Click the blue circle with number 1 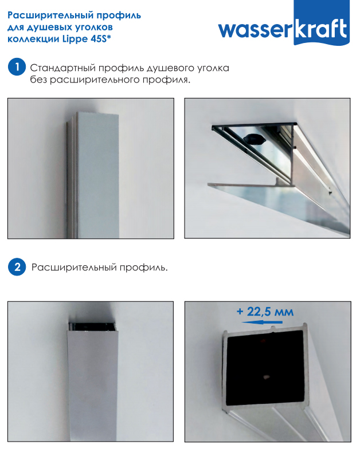[x=17, y=67]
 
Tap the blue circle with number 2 [x=17, y=267]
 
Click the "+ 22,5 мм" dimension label [x=265, y=312]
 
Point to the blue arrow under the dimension [x=262, y=322]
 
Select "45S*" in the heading [x=101, y=38]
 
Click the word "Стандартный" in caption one [x=63, y=68]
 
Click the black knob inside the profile [x=254, y=139]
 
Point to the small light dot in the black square [x=265, y=377]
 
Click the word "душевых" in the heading [x=48, y=27]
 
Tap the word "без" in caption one [x=39, y=80]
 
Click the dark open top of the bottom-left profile [x=91, y=327]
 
